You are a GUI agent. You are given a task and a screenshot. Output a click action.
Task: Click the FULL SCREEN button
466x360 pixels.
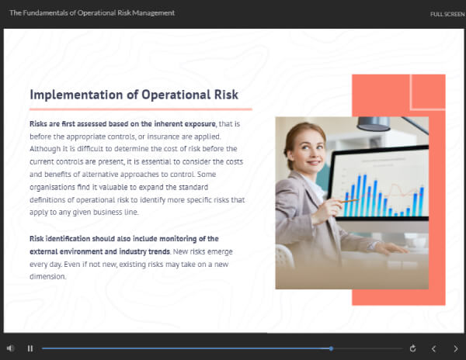(x=447, y=14)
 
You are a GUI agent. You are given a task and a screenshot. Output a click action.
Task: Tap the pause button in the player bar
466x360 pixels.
(x=30, y=348)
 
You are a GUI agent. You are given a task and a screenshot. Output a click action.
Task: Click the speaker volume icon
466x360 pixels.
(x=10, y=348)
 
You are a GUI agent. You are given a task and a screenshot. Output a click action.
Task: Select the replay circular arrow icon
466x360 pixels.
(x=412, y=348)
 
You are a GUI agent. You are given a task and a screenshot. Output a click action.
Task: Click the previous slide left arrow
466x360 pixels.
(x=433, y=348)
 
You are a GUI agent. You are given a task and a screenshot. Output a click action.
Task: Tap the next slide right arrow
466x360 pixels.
(x=456, y=348)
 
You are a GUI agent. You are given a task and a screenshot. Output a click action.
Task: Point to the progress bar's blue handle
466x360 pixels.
(x=331, y=348)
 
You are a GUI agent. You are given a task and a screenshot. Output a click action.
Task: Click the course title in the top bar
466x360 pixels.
(x=92, y=13)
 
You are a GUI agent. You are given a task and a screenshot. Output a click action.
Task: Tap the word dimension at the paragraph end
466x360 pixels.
(x=47, y=277)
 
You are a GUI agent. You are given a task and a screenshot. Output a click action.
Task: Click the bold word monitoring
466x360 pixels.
(x=178, y=239)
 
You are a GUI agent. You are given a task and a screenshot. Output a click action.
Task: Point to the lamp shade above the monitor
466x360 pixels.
(x=374, y=124)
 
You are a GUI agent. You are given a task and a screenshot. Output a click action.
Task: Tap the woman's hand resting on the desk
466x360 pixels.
(x=390, y=247)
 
